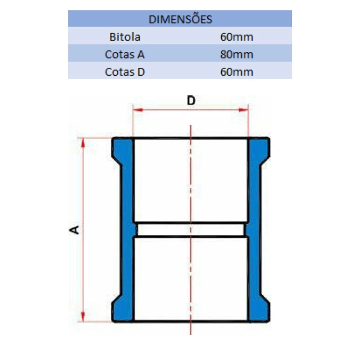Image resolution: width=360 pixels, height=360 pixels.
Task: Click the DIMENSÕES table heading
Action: click(x=180, y=19)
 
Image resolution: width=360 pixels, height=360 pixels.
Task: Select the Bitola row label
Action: click(x=125, y=37)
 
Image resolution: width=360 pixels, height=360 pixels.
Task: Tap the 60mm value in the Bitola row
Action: click(x=237, y=37)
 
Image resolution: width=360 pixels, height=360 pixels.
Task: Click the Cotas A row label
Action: click(x=125, y=54)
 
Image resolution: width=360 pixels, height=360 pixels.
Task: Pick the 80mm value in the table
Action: click(x=237, y=54)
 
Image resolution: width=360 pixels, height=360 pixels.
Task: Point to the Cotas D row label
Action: click(x=125, y=72)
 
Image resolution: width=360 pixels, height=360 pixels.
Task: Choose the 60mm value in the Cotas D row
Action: click(x=237, y=72)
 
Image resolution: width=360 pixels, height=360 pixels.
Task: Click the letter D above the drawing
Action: click(x=191, y=100)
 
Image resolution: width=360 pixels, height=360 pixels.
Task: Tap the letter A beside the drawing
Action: click(x=74, y=230)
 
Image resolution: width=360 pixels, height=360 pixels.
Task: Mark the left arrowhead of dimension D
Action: click(x=138, y=110)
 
